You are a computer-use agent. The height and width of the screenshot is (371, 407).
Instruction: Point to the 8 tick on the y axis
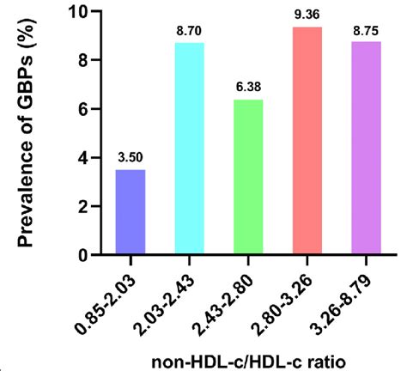pyautogui.click(x=82, y=61)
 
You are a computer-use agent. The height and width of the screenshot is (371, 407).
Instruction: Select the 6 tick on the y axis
pyautogui.click(x=82, y=109)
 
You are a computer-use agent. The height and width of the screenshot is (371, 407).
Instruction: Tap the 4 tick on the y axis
pyautogui.click(x=82, y=158)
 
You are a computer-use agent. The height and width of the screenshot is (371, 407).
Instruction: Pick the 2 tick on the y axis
pyautogui.click(x=82, y=207)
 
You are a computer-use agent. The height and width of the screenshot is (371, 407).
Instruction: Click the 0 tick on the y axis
pyautogui.click(x=82, y=255)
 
